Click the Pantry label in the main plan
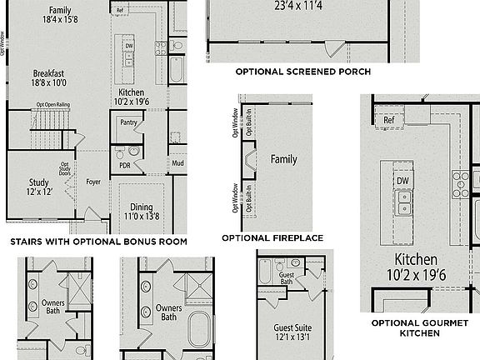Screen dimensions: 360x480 (128, 122)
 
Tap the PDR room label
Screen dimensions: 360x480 (125, 165)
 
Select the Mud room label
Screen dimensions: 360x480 (177, 162)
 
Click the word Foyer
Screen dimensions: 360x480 (93, 181)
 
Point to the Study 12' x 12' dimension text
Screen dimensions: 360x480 (39, 192)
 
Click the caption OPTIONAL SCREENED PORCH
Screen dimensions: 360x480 (302, 72)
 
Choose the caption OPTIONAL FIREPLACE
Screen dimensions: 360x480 (272, 237)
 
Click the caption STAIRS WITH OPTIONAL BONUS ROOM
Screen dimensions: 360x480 (97, 242)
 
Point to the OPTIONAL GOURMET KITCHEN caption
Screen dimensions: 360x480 (419, 327)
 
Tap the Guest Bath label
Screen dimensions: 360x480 (287, 278)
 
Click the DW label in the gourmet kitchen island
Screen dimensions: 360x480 (402, 180)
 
